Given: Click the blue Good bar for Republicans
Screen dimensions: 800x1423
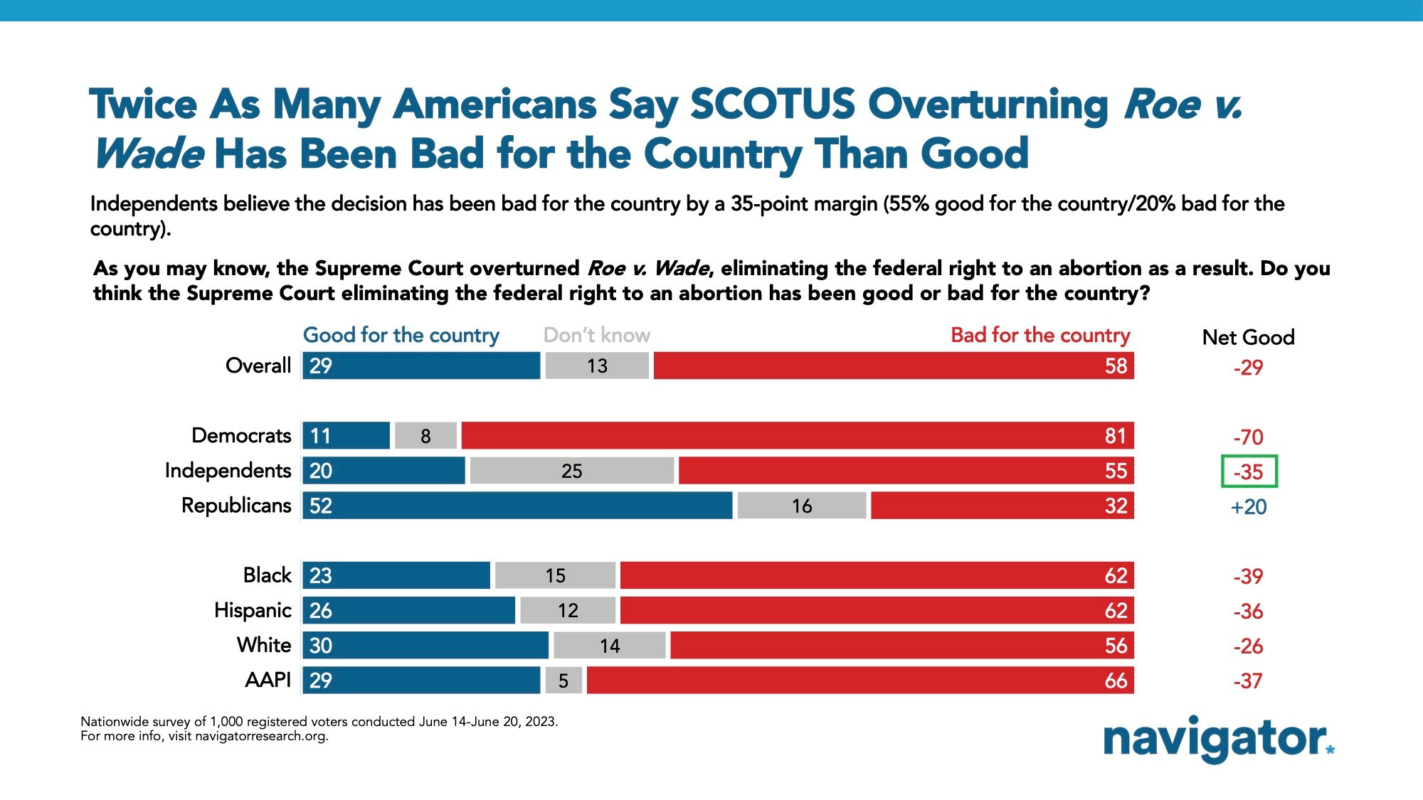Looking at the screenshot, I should pos(517,506).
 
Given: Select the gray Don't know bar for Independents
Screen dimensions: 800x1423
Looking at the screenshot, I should pos(572,471).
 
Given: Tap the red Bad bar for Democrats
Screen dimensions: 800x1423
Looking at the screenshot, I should pos(797,436).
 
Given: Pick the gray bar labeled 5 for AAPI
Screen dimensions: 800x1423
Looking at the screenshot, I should pos(564,681).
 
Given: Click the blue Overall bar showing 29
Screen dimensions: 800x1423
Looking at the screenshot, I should pos(421,366).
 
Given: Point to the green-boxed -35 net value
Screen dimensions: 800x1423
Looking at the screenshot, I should pos(1249,471).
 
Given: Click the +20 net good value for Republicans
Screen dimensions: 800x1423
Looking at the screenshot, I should pos(1249,507).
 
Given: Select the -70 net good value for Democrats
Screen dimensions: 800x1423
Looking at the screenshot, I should pos(1249,437).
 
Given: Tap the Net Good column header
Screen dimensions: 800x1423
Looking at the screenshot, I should pos(1248,337).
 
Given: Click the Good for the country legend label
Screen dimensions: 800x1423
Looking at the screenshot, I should pos(401,335).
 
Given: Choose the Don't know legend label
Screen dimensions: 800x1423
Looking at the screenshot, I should pos(596,335).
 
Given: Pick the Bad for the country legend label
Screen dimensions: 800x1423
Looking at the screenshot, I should pos(1040,335).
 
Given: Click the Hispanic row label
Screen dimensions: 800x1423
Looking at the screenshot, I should pos(253,610).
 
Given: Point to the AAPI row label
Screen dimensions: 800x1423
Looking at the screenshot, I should pos(268,681).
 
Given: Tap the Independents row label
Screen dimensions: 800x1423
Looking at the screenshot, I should pos(228,471).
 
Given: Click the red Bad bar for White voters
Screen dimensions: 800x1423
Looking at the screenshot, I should pos(901,646).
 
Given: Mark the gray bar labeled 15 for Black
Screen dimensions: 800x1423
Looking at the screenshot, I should pos(555,575).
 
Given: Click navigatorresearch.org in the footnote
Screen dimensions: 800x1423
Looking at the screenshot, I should pos(261,736).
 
